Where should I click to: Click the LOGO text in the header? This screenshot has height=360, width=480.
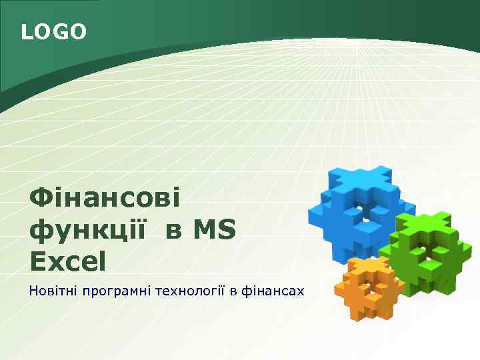pyautogui.click(x=54, y=31)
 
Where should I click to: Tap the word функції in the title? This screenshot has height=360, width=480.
pyautogui.click(x=87, y=231)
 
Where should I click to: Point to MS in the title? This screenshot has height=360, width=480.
pyautogui.click(x=214, y=231)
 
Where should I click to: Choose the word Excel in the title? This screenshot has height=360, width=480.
pyautogui.click(x=67, y=261)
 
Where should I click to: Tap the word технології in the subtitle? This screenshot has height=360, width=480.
pyautogui.click(x=187, y=291)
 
